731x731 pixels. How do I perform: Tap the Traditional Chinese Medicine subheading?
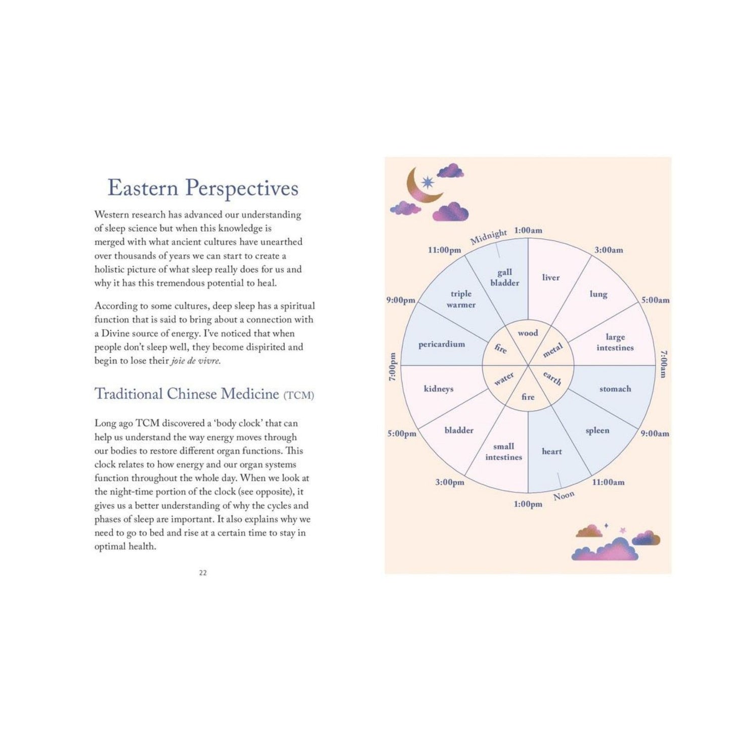(x=204, y=394)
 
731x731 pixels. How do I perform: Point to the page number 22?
(x=203, y=573)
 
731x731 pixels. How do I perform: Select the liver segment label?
(x=551, y=277)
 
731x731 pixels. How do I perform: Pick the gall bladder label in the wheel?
(x=504, y=277)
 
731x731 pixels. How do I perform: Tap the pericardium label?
(x=442, y=345)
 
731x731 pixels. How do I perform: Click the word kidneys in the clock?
(x=439, y=389)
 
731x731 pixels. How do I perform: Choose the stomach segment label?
(x=615, y=389)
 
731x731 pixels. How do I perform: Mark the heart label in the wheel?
(x=551, y=451)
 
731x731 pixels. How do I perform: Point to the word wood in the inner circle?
(x=528, y=333)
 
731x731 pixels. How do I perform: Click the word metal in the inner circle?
(x=552, y=350)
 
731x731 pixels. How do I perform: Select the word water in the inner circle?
(x=504, y=378)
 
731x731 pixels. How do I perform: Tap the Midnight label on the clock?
(x=488, y=237)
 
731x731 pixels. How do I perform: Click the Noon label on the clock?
(x=564, y=496)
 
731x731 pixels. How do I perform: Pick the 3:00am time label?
(x=609, y=250)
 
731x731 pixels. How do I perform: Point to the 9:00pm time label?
(x=401, y=300)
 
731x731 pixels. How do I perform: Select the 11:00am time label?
(x=608, y=482)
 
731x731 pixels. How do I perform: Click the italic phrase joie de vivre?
(x=195, y=360)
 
